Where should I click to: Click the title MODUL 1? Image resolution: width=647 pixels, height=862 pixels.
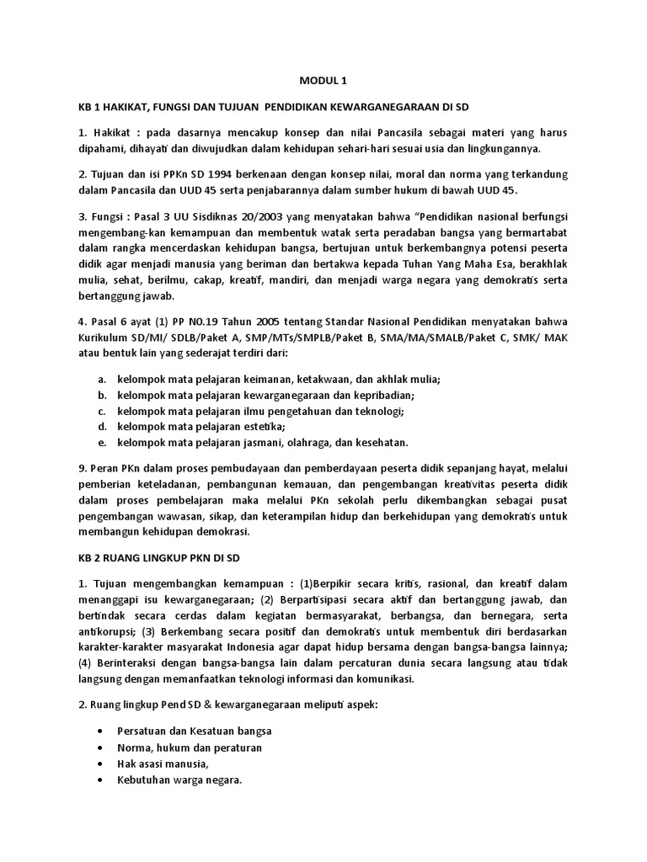coord(323,81)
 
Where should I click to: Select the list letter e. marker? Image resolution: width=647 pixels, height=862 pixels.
coord(102,442)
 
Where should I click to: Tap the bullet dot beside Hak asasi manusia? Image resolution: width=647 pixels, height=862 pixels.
coord(102,764)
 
